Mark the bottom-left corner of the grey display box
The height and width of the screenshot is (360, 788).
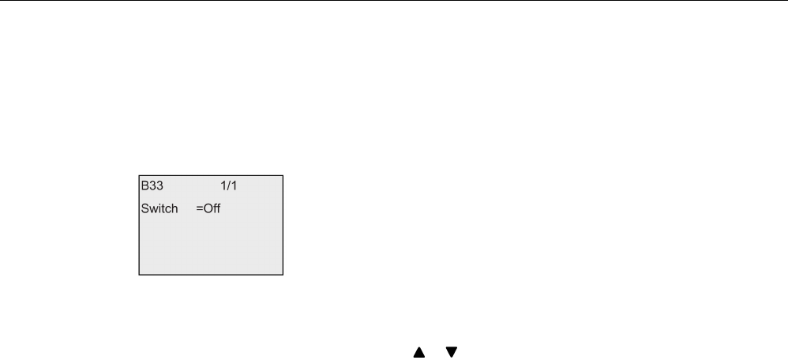pyautogui.click(x=140, y=274)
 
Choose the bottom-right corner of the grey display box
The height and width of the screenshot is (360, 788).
pyautogui.click(x=283, y=274)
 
